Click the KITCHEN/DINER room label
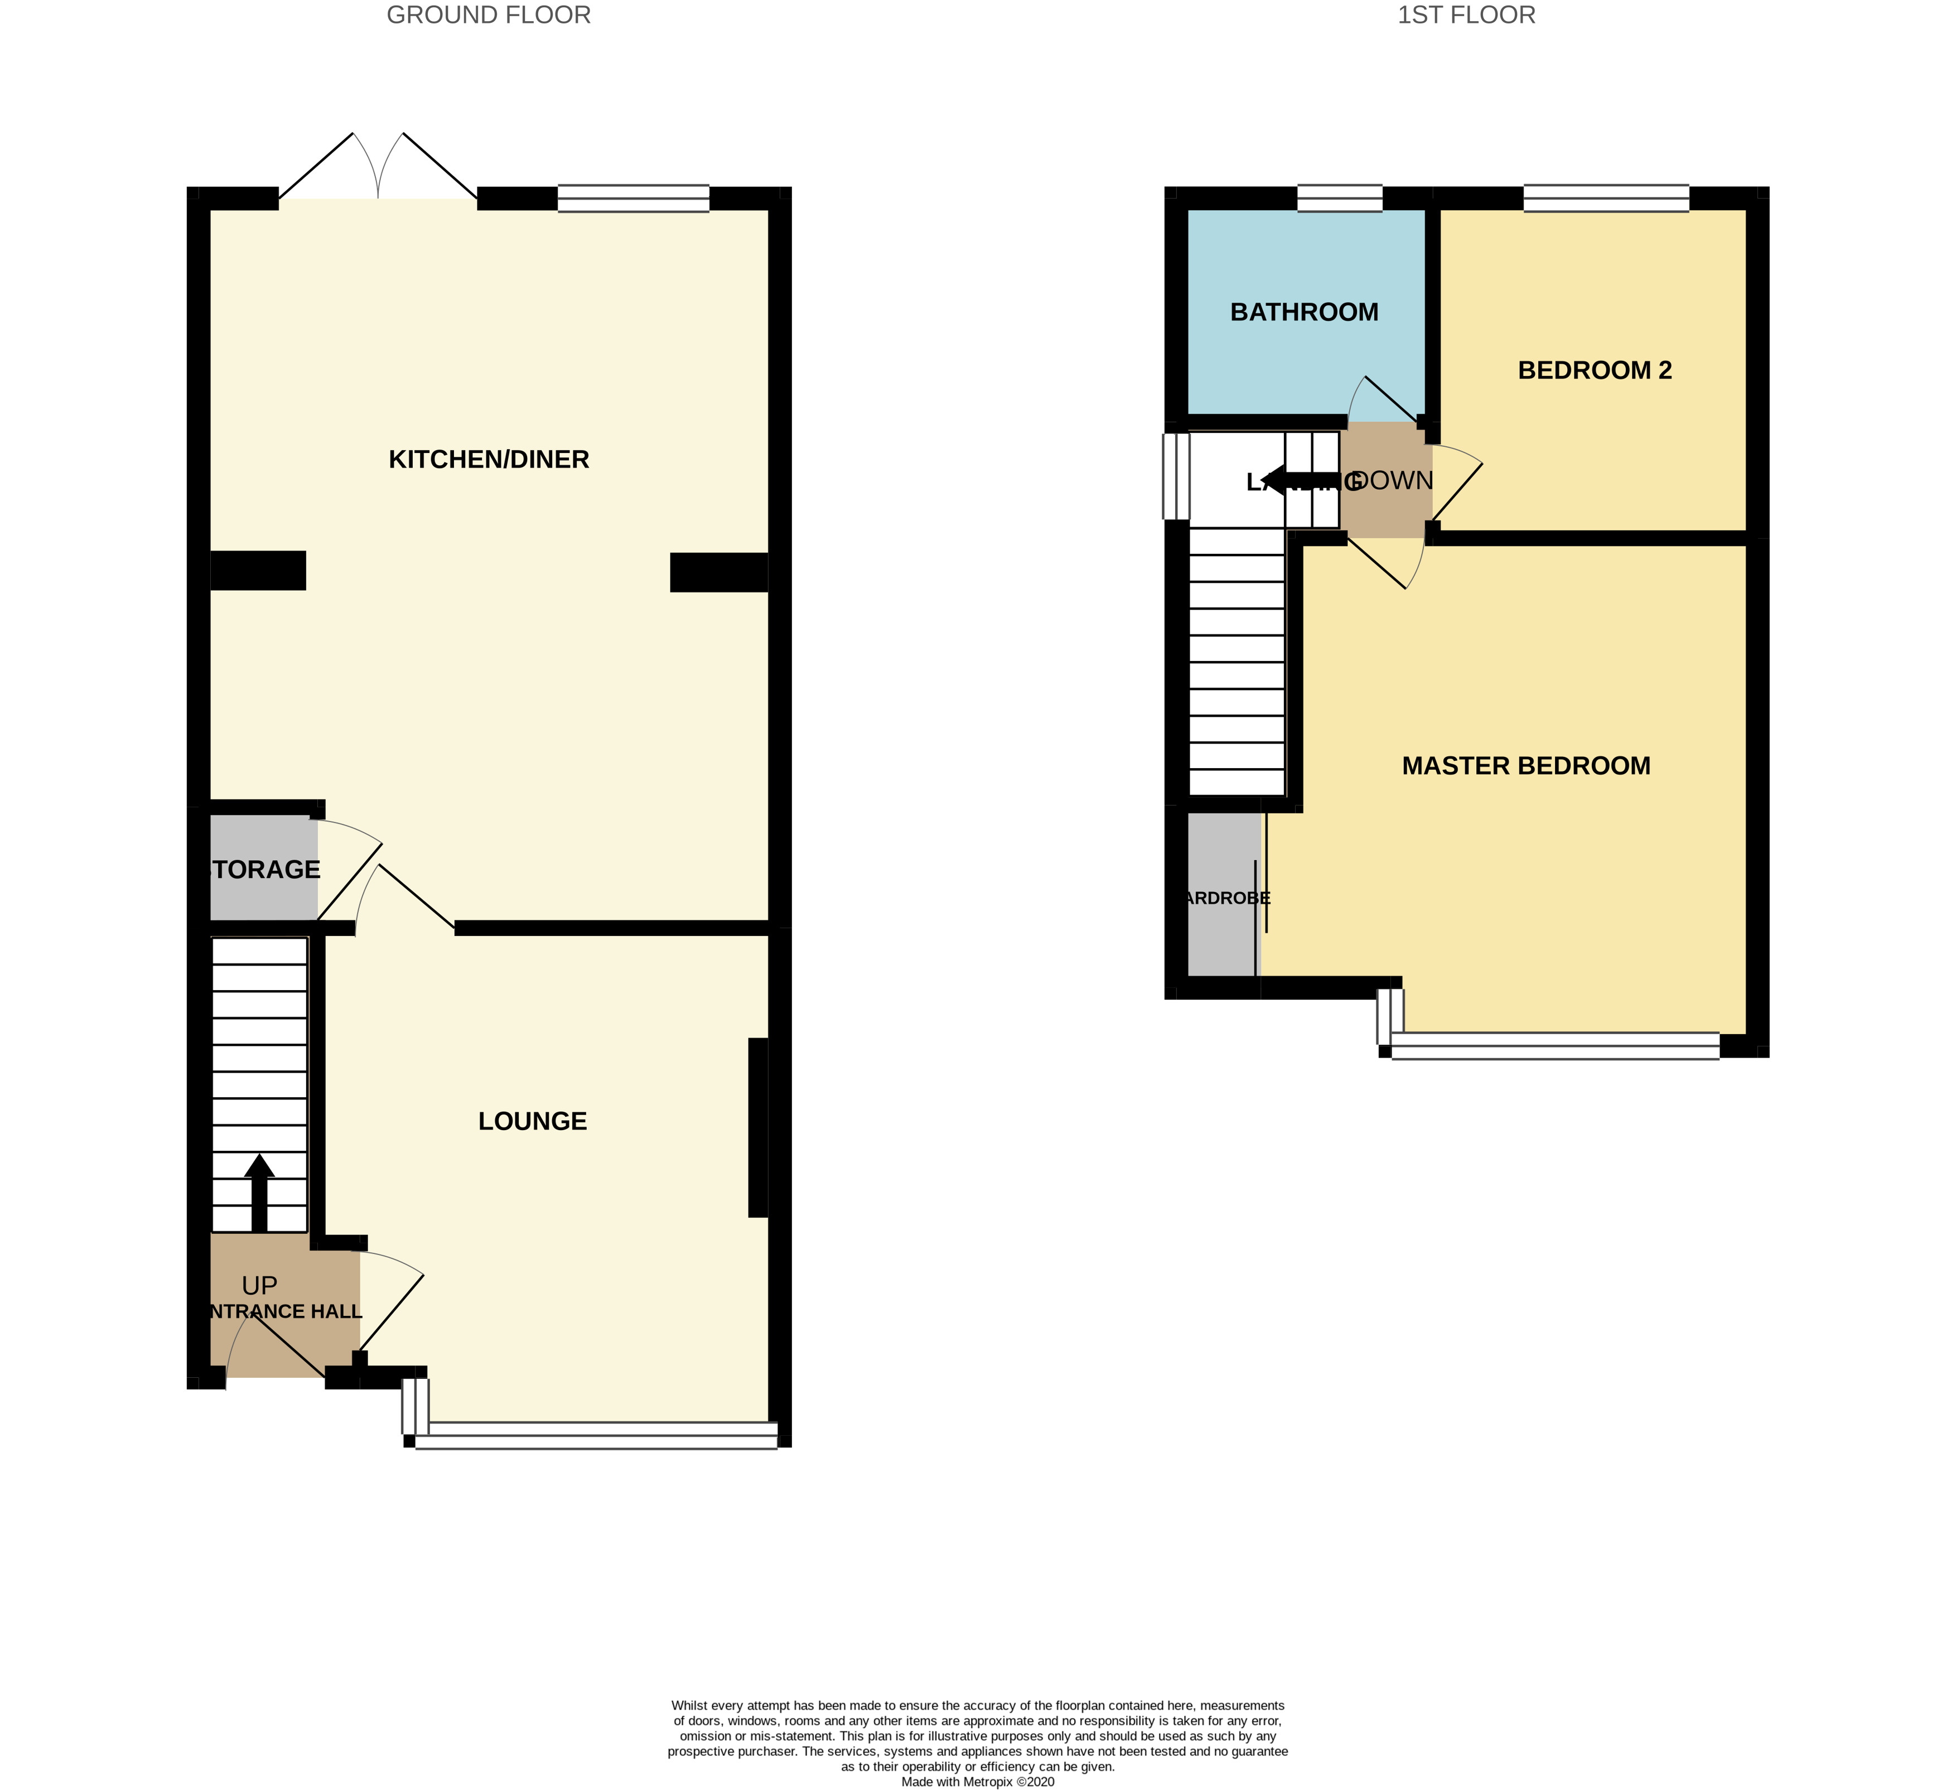[x=489, y=460]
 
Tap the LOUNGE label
[x=533, y=1122]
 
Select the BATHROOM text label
[x=1304, y=312]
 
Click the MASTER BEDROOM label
[x=1526, y=766]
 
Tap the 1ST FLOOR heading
[x=1466, y=16]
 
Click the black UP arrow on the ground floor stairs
[x=259, y=1193]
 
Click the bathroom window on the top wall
[x=1340, y=198]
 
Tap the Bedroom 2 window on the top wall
[x=1606, y=198]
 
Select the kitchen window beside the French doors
[x=634, y=198]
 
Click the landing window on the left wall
[x=1176, y=476]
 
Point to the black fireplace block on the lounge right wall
[x=758, y=1127]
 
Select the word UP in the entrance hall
[x=259, y=1286]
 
